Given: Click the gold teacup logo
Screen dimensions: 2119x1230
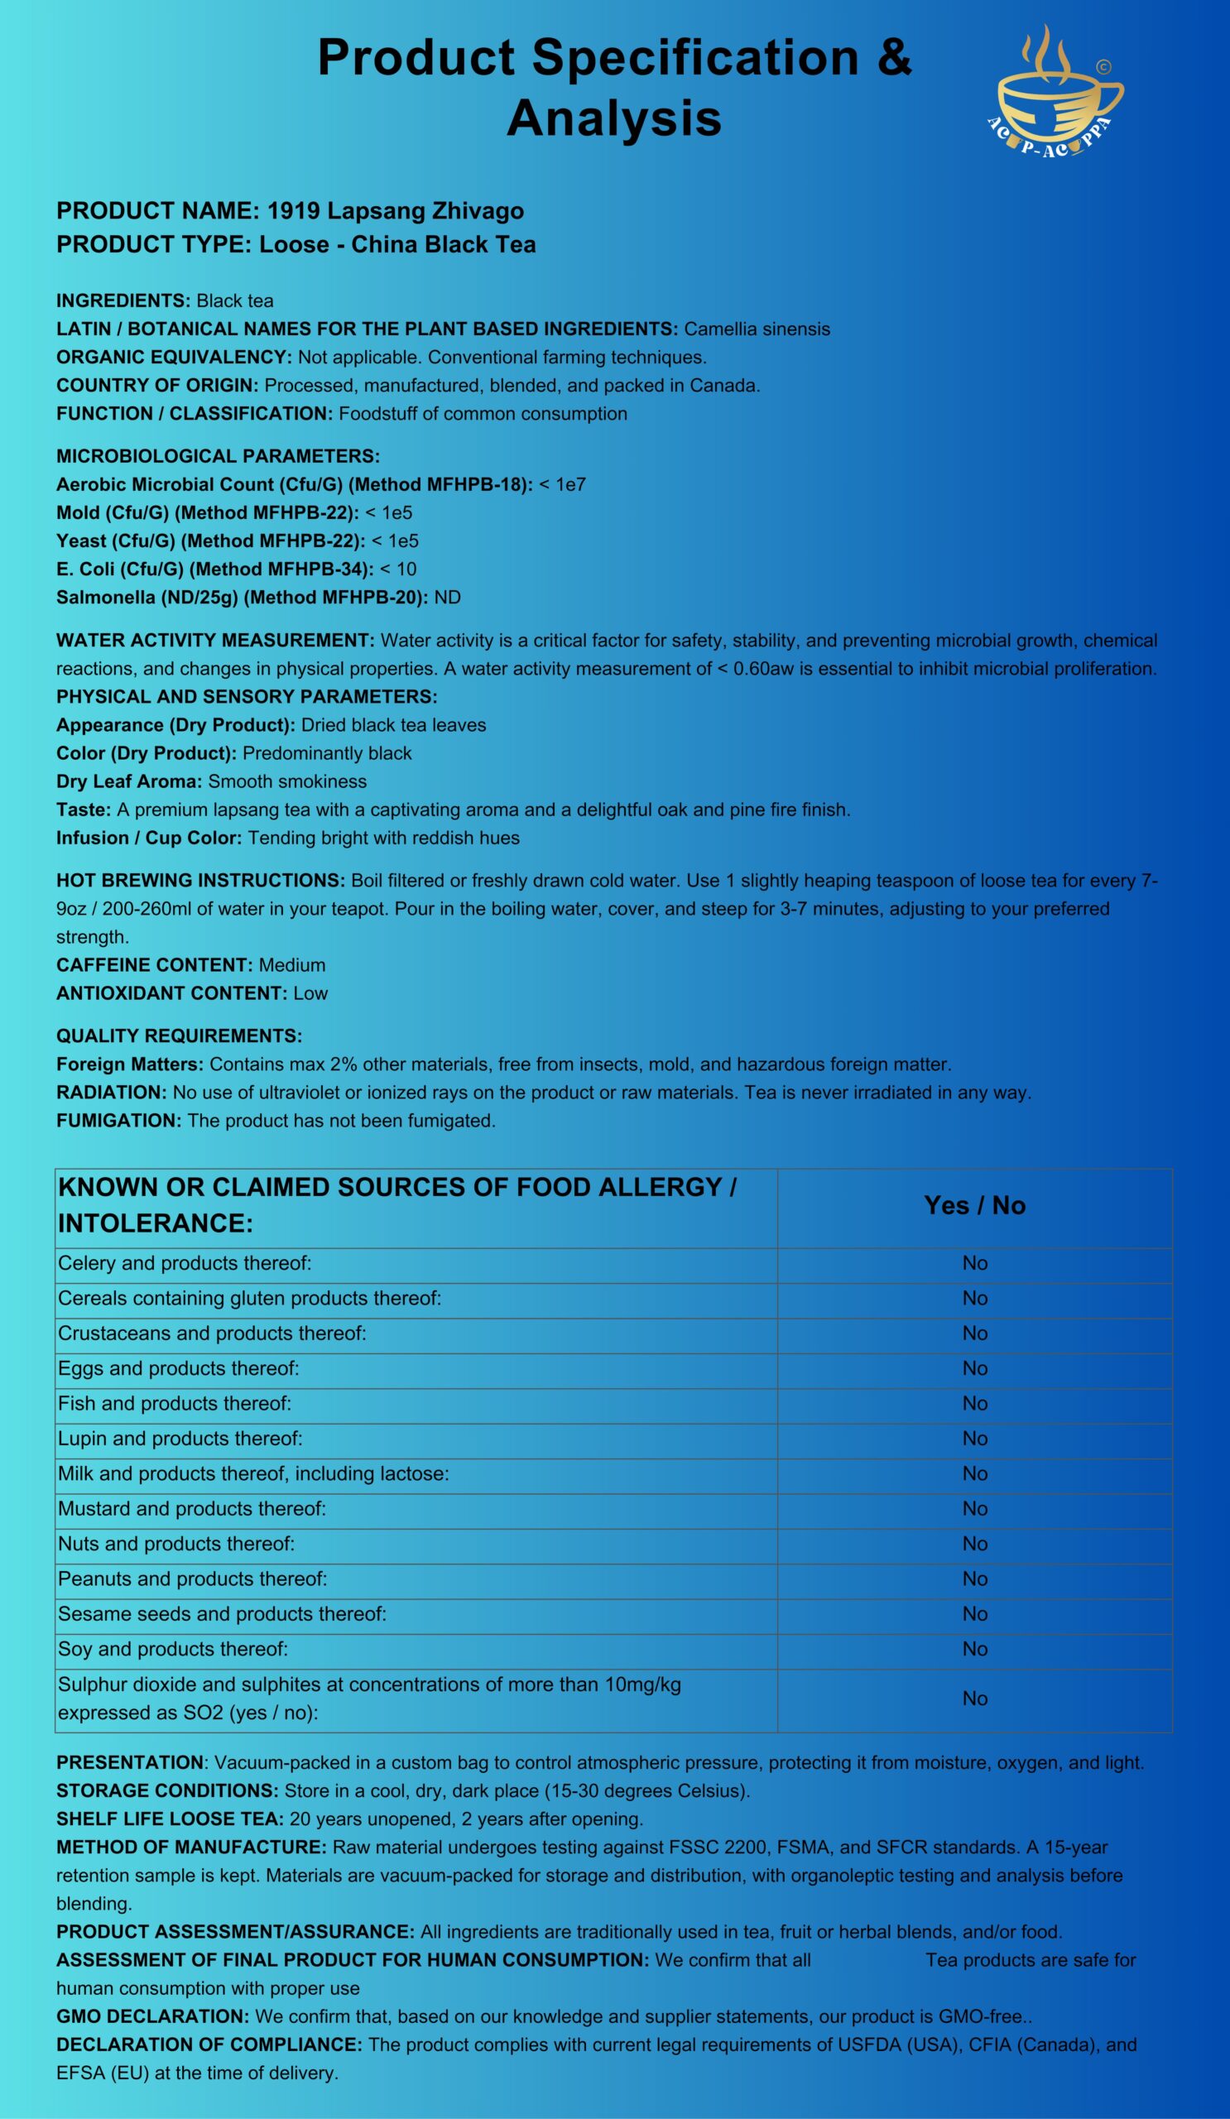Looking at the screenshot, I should [1056, 93].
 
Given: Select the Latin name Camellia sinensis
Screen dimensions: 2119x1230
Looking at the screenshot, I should [757, 329].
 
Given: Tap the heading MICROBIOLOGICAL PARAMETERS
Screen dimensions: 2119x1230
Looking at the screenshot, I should [218, 457].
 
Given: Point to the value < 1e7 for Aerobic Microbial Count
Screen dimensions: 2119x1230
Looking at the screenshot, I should [563, 484].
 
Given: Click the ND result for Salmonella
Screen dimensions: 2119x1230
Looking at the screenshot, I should [447, 597].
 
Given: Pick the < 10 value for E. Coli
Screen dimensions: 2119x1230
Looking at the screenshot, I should [398, 569].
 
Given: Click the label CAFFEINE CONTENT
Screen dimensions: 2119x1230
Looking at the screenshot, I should [155, 964].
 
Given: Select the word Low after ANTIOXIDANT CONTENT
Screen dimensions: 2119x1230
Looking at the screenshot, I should [310, 993].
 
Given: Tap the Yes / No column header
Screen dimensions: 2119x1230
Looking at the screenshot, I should [974, 1206].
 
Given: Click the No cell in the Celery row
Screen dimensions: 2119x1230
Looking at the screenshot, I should [974, 1263].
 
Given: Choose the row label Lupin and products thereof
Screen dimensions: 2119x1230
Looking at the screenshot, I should [180, 1439].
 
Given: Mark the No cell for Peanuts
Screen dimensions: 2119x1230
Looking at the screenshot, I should [974, 1579].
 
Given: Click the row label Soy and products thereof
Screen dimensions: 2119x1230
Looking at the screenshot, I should [172, 1649].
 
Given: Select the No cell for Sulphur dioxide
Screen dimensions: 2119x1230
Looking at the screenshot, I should [974, 1699].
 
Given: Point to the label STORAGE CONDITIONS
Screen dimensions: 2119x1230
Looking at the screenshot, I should [167, 1791].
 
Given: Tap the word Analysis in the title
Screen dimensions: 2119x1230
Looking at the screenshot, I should [613, 118].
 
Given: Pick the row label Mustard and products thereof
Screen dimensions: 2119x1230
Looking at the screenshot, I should [192, 1508].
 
